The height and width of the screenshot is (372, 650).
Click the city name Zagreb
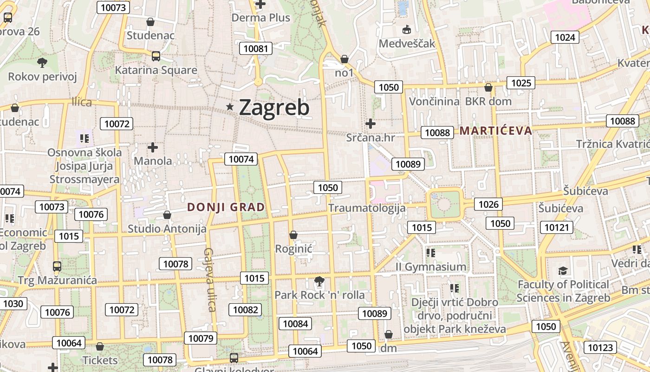[274, 108]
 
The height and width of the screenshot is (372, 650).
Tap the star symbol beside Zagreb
[229, 107]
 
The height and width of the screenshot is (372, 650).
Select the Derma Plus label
[260, 18]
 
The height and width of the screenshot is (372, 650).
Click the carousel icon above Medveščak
[407, 30]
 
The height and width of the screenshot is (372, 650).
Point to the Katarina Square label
[156, 70]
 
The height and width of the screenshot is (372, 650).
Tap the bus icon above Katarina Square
[156, 56]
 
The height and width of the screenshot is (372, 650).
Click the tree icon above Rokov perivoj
[42, 62]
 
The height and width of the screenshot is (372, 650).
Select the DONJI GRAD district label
[226, 207]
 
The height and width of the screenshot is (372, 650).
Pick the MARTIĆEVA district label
[496, 131]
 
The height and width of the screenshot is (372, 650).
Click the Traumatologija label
[367, 208]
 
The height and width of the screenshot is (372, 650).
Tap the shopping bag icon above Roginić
[293, 235]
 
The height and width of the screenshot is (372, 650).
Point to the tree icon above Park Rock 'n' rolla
[319, 281]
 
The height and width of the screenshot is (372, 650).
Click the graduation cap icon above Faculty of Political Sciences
[563, 271]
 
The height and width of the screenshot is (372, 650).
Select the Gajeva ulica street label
[210, 279]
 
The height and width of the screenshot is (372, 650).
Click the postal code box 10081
[255, 48]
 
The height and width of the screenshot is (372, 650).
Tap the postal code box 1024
[565, 37]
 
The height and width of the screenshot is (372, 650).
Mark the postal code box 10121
[557, 227]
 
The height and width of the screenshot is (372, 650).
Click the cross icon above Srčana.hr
[370, 124]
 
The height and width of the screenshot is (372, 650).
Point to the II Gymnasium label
[430, 267]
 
